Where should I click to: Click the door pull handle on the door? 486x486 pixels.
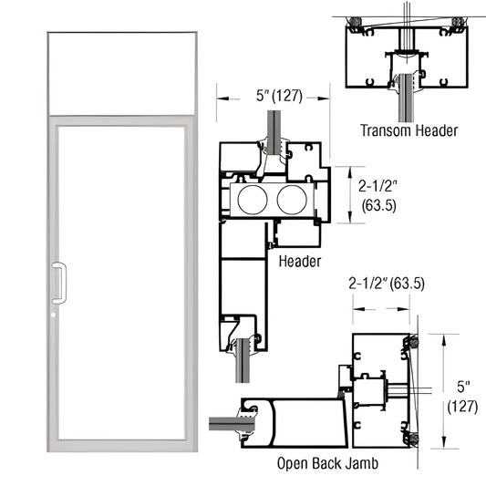click(x=59, y=282)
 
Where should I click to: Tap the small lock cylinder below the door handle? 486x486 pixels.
click(x=57, y=315)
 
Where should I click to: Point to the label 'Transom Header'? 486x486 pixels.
click(x=407, y=130)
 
